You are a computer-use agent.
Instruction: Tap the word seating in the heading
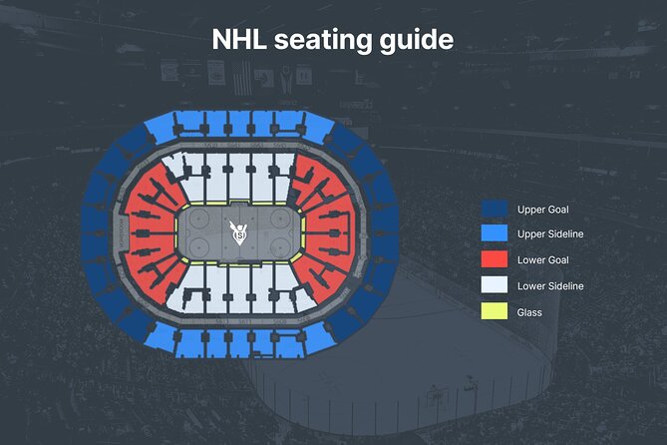pyautogui.click(x=322, y=40)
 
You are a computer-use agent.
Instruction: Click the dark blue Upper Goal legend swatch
pyautogui.click(x=495, y=210)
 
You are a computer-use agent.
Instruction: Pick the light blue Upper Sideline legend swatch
pyautogui.click(x=495, y=234)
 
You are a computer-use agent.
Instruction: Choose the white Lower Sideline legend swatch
pyautogui.click(x=495, y=286)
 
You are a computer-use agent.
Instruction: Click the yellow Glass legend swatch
pyautogui.click(x=495, y=312)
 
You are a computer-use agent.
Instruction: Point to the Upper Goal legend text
pyautogui.click(x=542, y=210)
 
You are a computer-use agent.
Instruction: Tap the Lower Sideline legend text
pyautogui.click(x=550, y=286)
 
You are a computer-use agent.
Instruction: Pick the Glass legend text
pyautogui.click(x=530, y=312)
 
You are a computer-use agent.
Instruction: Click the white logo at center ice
pyautogui.click(x=239, y=234)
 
